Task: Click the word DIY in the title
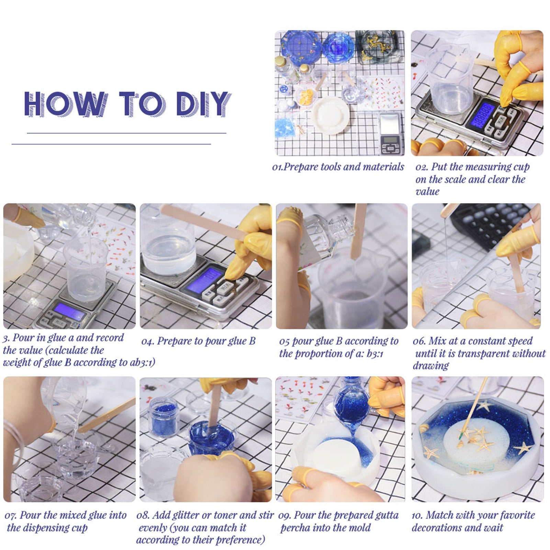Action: [203, 103]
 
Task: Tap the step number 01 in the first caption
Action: [277, 167]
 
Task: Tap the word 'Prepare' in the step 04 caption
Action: [175, 341]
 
